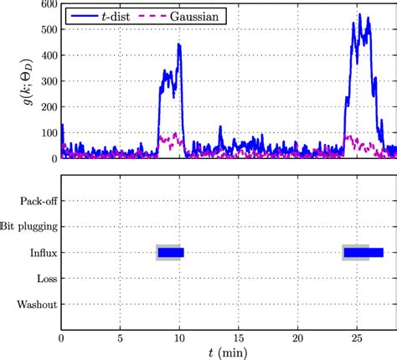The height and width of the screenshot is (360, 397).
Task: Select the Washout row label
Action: [x=36, y=304]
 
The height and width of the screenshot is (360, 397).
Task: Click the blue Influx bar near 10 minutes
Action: [x=171, y=252]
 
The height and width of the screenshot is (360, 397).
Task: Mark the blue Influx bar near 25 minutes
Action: [x=363, y=252]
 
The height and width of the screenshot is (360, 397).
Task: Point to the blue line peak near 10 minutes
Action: [x=179, y=45]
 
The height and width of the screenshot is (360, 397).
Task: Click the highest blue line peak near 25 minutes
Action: [x=359, y=14]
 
